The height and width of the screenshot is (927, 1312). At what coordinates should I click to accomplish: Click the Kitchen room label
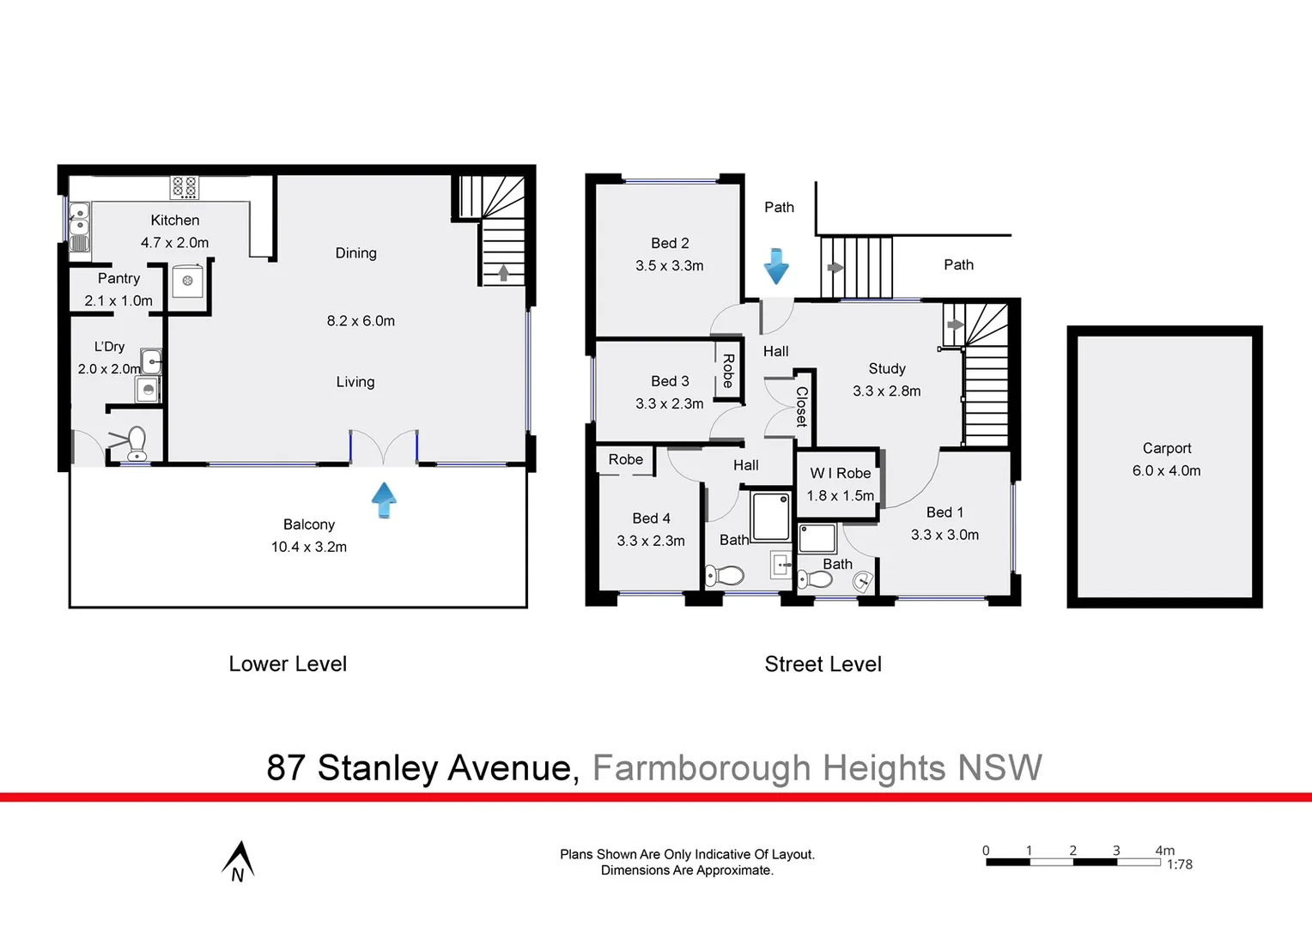pyautogui.click(x=174, y=221)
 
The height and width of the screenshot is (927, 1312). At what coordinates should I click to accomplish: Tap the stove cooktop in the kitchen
pyautogui.click(x=184, y=187)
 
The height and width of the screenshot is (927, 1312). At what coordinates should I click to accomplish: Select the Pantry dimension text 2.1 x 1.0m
pyautogui.click(x=118, y=300)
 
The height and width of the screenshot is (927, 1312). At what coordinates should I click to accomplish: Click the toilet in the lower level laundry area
pyautogui.click(x=137, y=443)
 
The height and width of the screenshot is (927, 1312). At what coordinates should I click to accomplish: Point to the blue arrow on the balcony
pyautogui.click(x=384, y=499)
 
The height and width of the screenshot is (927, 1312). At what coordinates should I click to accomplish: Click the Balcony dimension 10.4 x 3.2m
pyautogui.click(x=309, y=547)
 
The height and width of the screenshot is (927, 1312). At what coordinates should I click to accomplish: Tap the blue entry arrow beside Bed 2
pyautogui.click(x=776, y=266)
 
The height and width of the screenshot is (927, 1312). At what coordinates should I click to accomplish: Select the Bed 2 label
pyautogui.click(x=670, y=244)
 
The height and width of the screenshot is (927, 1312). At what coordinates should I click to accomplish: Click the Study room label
pyautogui.click(x=887, y=368)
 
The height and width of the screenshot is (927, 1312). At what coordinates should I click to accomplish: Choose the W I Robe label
pyautogui.click(x=840, y=473)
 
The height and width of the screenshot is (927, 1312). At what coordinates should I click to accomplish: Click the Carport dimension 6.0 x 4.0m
pyautogui.click(x=1166, y=470)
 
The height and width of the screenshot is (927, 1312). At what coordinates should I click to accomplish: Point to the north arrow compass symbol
pyautogui.click(x=238, y=861)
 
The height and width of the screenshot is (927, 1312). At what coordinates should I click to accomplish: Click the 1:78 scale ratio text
pyautogui.click(x=1179, y=864)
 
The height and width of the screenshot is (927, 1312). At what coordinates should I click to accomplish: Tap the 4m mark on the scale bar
pyautogui.click(x=1164, y=851)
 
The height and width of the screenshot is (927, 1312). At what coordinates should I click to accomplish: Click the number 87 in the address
pyautogui.click(x=285, y=767)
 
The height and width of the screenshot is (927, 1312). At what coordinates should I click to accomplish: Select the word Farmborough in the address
pyautogui.click(x=702, y=767)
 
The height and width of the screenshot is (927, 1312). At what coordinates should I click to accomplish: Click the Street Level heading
pyautogui.click(x=823, y=664)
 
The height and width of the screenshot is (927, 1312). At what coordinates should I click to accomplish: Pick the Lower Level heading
pyautogui.click(x=288, y=664)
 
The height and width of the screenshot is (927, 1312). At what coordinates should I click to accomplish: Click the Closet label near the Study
pyautogui.click(x=802, y=406)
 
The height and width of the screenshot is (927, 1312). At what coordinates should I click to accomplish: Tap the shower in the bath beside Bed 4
pyautogui.click(x=770, y=516)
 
